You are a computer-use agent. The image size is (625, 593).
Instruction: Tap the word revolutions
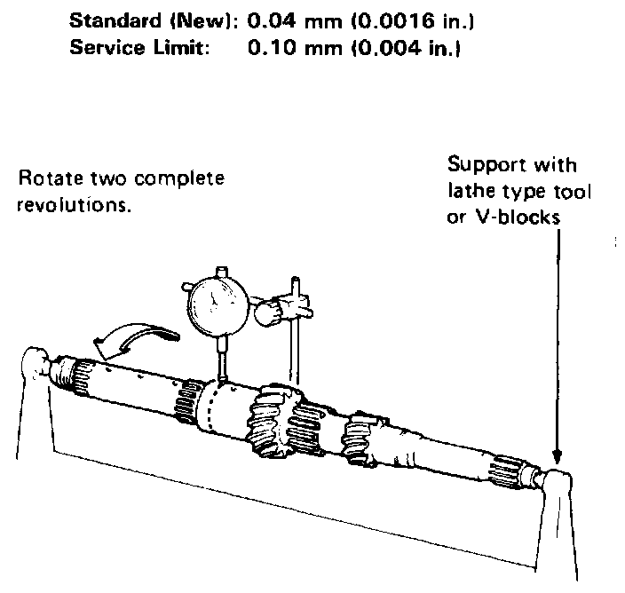72,202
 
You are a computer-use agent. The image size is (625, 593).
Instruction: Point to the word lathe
467,190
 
